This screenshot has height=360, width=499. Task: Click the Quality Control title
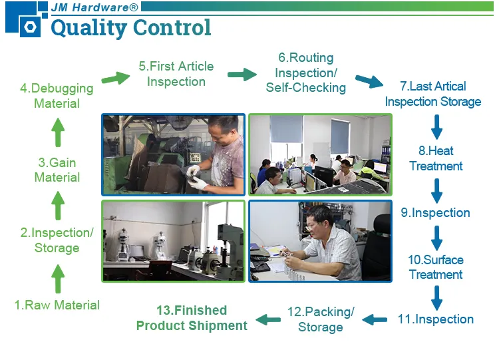pos(130,28)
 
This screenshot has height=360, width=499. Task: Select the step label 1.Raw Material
pos(57,305)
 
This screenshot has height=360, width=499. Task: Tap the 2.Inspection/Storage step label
pos(57,240)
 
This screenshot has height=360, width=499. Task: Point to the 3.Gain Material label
pos(57,170)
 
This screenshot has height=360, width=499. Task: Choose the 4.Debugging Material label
pos(57,96)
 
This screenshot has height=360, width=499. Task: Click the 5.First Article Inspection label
pos(176,74)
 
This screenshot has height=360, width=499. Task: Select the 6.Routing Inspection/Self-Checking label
pos(306,73)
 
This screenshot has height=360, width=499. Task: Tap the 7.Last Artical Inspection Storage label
pos(432,94)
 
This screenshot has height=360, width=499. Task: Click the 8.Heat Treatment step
pos(436,158)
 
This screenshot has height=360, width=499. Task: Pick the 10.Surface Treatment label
pos(436,268)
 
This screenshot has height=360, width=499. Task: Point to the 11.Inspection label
pos(436,319)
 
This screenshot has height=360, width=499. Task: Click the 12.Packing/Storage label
pos(321,319)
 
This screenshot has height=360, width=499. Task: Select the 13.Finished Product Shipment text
pos(192,318)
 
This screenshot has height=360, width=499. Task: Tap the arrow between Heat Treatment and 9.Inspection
pos(436,190)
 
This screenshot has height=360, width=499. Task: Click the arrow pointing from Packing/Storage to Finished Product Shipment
pos(268,320)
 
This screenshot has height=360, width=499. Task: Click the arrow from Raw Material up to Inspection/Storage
pos(58,278)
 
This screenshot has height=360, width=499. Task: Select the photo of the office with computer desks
pos(320,154)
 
